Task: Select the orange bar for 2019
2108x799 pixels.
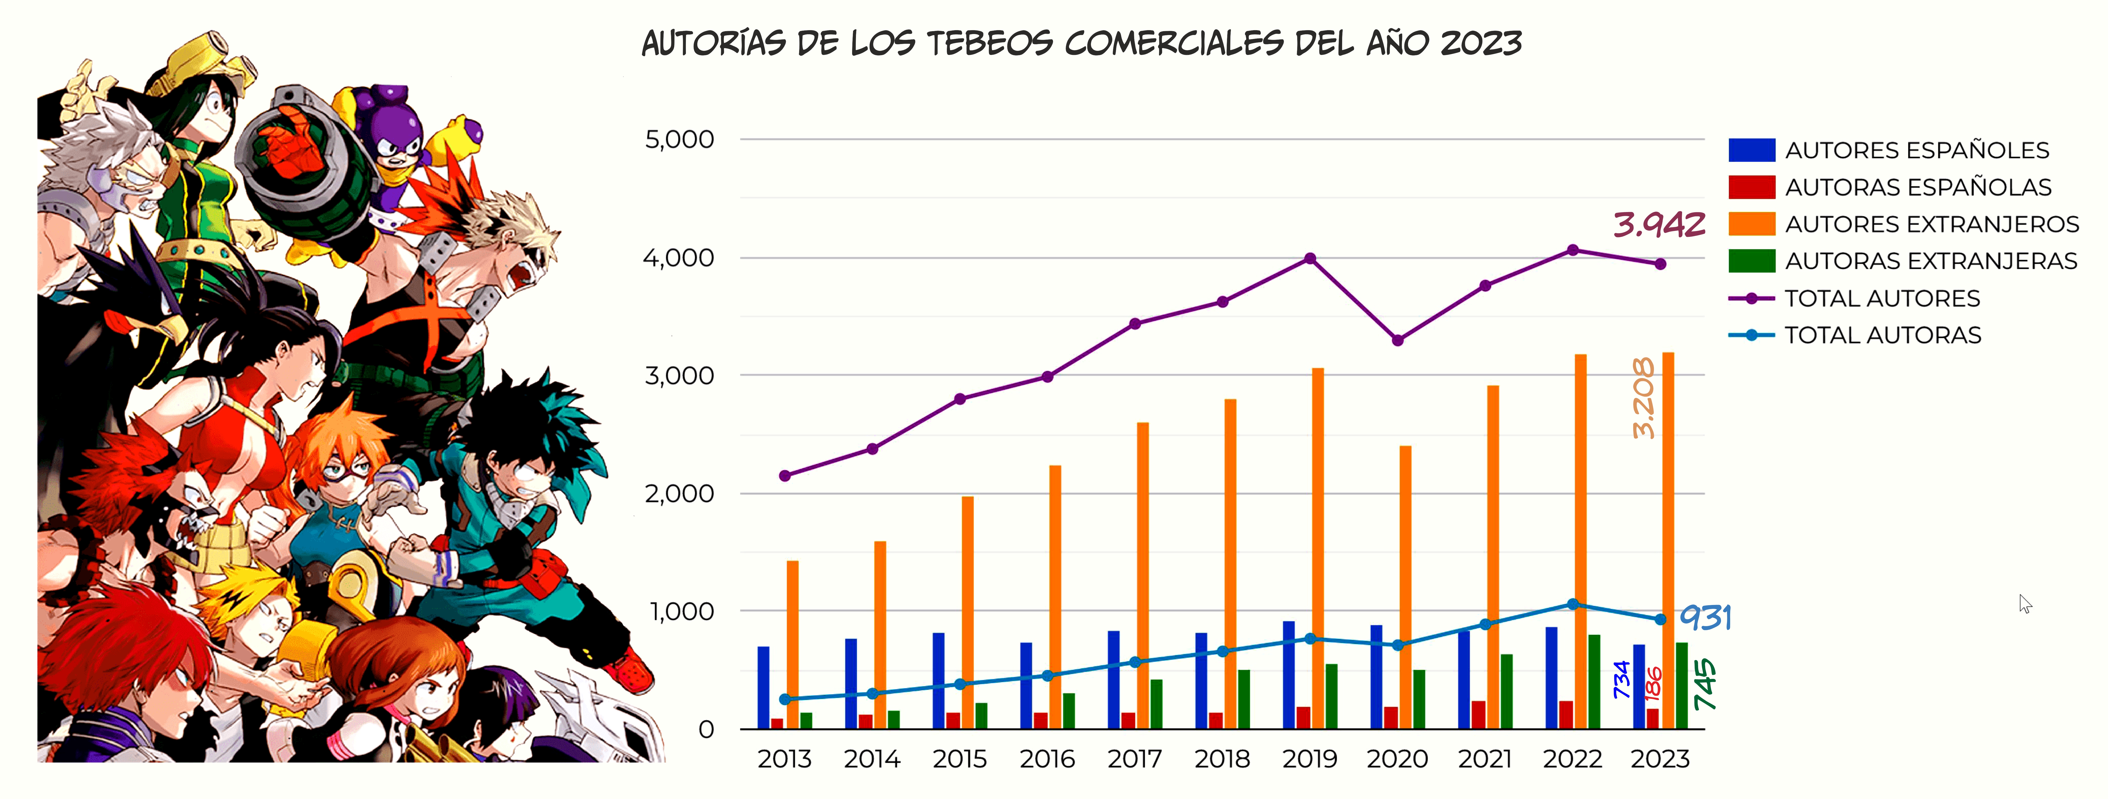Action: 1317,549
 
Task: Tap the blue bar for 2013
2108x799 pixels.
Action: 763,688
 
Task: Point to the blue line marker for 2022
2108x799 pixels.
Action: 1573,604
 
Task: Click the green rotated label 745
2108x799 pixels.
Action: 1705,684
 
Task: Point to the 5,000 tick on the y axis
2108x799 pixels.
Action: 679,139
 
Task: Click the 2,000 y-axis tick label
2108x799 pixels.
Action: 679,494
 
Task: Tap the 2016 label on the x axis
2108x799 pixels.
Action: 1047,759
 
